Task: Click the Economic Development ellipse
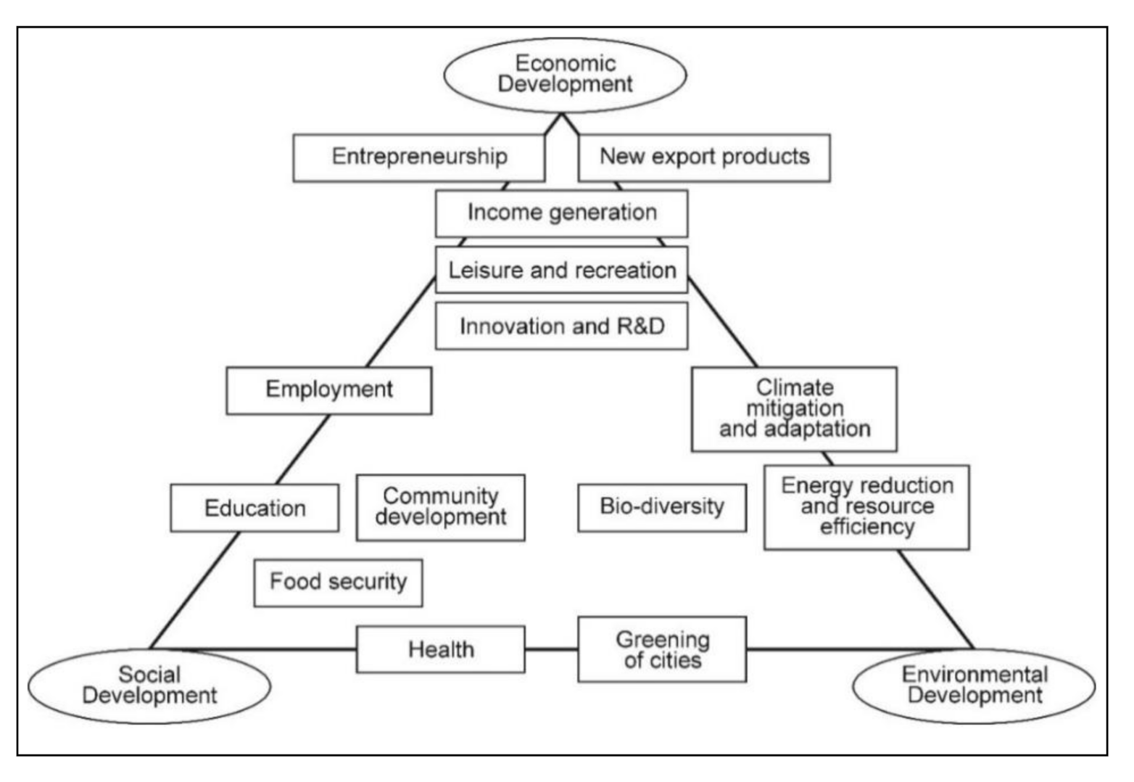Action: pos(565,75)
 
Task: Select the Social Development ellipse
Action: pos(149,686)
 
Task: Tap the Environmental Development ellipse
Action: pos(974,686)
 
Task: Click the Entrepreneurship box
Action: pos(418,157)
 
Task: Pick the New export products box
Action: pos(704,157)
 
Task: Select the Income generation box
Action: pos(561,213)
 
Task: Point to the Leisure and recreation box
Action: pos(561,270)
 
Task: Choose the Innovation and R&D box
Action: pos(561,326)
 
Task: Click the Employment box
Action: pos(328,390)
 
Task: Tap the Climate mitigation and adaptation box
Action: pos(794,409)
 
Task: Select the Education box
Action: pos(254,508)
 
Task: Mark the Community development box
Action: pos(440,507)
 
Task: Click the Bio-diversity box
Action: pos(661,507)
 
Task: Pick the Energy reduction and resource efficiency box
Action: pos(866,507)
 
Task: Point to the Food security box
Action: pos(338,583)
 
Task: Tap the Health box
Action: pos(440,649)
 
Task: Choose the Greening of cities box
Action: pos(661,649)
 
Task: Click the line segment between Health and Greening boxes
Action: pos(551,649)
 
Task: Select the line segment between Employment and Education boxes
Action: pos(303,449)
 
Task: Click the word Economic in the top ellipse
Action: pos(565,64)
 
